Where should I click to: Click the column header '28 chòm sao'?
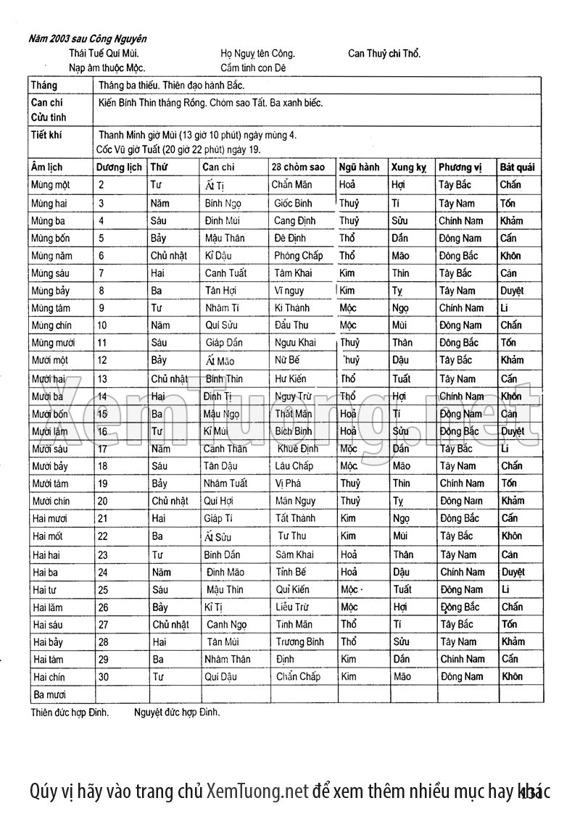tap(298, 167)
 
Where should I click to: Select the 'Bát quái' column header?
tap(517, 167)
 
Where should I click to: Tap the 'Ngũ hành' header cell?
tap(359, 167)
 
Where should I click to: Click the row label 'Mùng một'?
tap(51, 185)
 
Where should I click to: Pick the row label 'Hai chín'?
tap(49, 677)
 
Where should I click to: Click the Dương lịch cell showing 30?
tap(103, 677)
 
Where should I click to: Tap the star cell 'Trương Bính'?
tap(300, 641)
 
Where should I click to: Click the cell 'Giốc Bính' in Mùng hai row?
tap(293, 203)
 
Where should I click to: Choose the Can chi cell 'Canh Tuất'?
tap(225, 273)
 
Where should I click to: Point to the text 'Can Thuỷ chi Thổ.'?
tap(384, 54)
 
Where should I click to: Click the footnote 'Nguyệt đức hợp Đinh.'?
tap(177, 712)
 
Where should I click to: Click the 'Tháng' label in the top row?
tap(43, 86)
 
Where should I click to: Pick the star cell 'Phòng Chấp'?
tap(299, 256)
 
